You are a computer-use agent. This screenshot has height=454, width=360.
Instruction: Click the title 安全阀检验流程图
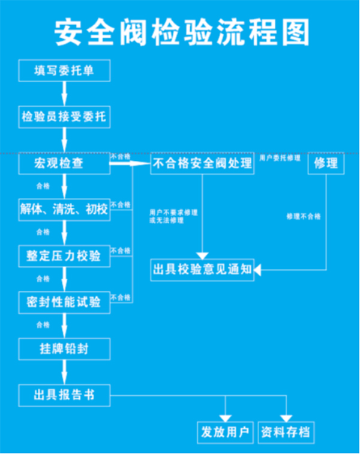[x=180, y=31]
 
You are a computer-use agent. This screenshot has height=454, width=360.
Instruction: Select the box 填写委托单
[x=64, y=71]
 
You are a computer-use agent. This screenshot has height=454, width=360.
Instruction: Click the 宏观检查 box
[x=64, y=163]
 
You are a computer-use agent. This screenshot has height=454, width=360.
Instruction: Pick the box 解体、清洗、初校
[x=64, y=210]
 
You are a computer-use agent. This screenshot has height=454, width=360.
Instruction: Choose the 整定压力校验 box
[x=64, y=256]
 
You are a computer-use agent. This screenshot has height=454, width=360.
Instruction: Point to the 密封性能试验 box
[x=64, y=301]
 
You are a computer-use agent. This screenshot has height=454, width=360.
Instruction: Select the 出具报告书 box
[x=64, y=395]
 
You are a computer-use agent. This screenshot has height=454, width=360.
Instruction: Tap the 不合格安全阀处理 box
[x=203, y=163]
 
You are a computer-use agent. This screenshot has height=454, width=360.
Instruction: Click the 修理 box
[x=326, y=163]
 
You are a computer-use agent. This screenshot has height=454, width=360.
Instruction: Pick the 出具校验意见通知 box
[x=203, y=270]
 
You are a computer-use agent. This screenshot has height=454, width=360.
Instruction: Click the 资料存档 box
[x=287, y=432]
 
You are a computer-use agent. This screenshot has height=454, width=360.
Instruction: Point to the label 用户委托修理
[x=280, y=157]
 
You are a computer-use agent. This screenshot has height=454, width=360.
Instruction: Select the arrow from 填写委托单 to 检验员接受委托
[x=64, y=94]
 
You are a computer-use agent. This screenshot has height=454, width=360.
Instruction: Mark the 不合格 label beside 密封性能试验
[x=121, y=297]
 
